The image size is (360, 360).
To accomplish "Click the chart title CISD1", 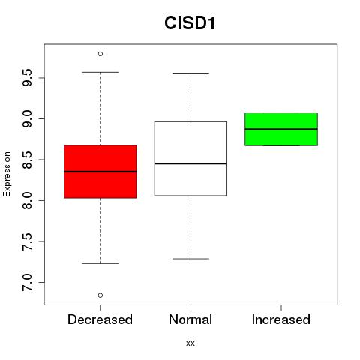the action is [190, 23].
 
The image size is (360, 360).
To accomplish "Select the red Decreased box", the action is [100, 172].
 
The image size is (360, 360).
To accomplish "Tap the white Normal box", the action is [190, 158].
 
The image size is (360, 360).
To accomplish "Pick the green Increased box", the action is [281, 129].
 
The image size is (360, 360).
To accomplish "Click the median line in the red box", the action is [100, 172].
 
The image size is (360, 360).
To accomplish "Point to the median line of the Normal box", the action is [190, 163].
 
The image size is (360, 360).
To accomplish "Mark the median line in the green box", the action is [281, 129].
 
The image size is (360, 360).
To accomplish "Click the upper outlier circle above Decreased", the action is [100, 54].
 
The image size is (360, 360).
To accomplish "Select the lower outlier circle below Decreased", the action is [100, 295].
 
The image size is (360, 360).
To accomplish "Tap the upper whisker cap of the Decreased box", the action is [100, 72].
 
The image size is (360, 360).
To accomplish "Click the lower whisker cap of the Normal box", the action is [190, 259].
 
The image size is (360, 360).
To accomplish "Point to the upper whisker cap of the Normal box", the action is [190, 73].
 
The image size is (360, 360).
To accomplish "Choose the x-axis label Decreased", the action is [100, 319].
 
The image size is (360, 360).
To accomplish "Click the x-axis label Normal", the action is [190, 319].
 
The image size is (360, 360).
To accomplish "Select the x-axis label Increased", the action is [281, 319].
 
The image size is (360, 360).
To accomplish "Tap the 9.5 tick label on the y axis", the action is [27, 78].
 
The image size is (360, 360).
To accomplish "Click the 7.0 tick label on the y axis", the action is [27, 282].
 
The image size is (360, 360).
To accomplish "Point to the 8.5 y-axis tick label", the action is [27, 160].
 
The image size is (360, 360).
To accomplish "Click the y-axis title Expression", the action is [7, 174].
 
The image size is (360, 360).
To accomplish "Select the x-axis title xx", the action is [190, 343].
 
